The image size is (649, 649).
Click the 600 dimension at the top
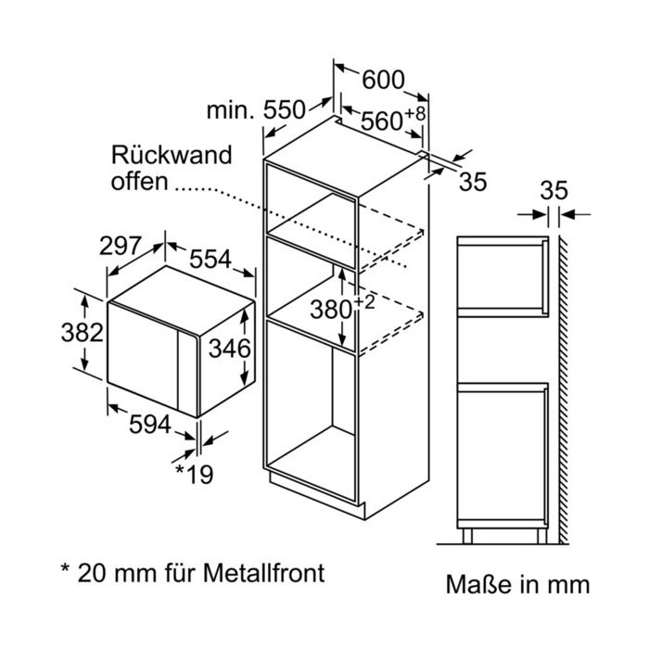(383, 80)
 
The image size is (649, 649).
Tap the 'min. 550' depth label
(256, 110)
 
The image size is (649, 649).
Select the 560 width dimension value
(381, 121)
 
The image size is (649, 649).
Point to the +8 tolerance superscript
(414, 113)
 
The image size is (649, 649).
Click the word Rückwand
(172, 155)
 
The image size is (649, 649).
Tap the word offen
(139, 182)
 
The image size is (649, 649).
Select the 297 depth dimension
(120, 246)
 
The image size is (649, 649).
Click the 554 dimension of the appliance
(210, 259)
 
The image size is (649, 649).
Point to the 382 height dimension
(82, 332)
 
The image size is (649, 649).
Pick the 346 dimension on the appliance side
(229, 348)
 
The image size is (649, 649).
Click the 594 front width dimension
(150, 425)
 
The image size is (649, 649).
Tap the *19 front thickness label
(194, 475)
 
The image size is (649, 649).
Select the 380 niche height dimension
(331, 309)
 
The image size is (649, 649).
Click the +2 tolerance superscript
(363, 302)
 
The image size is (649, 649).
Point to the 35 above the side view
(554, 191)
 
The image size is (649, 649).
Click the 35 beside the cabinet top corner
(473, 182)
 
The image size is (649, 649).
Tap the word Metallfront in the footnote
(263, 573)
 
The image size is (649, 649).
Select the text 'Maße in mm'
(517, 584)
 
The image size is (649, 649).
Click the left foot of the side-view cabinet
(467, 536)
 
